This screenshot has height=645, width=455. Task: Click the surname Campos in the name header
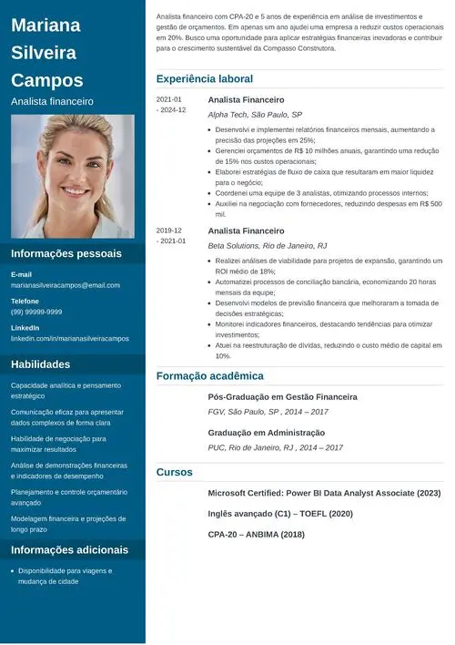click(47, 79)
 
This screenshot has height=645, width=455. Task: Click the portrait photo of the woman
click(73, 176)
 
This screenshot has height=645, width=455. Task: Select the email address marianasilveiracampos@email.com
click(66, 285)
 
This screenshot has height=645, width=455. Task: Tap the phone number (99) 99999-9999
click(36, 312)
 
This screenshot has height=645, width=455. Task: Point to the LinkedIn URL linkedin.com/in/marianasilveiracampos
click(70, 338)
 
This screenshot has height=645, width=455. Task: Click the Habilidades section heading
click(41, 364)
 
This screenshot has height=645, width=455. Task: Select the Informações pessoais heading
click(66, 253)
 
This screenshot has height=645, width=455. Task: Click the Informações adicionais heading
click(70, 549)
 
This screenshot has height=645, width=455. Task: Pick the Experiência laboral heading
click(205, 79)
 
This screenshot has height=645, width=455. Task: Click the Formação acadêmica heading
click(210, 375)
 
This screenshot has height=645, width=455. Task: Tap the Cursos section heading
click(175, 472)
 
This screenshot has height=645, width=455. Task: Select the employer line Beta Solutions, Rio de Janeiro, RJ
click(268, 246)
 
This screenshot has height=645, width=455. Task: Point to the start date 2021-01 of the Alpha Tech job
click(169, 99)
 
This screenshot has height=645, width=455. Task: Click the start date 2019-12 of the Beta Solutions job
click(169, 230)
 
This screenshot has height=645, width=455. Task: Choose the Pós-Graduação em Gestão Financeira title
click(282, 397)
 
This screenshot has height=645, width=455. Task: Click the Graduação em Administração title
click(267, 433)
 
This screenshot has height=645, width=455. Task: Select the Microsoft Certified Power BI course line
click(324, 493)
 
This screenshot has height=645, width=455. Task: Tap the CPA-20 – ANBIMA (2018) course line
click(257, 535)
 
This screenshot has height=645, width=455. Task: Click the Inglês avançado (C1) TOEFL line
click(280, 514)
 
